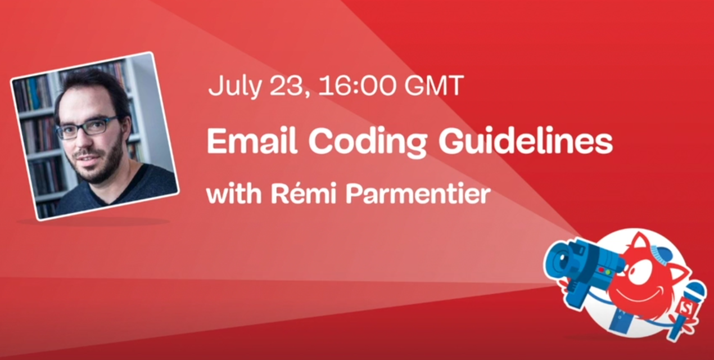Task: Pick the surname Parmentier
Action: pos(417,195)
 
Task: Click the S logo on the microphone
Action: pos(684,307)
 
